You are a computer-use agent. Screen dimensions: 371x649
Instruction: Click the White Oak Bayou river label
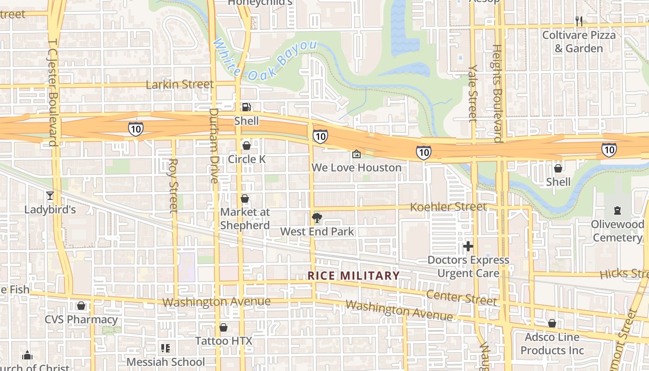(x=265, y=60)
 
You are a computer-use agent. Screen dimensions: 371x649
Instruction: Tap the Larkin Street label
(x=180, y=84)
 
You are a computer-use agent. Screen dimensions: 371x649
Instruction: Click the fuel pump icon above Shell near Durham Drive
(x=246, y=108)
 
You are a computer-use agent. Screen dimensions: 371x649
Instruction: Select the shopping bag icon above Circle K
(x=246, y=146)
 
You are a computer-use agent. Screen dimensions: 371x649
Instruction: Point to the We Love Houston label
(x=356, y=167)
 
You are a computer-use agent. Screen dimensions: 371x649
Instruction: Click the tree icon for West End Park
(x=317, y=217)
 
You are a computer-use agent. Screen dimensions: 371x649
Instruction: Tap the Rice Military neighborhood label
(x=354, y=275)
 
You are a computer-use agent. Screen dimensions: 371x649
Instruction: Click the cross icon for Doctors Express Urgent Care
(x=468, y=246)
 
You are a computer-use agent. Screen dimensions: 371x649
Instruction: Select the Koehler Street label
(x=448, y=207)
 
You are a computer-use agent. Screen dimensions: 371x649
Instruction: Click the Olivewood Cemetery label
(x=617, y=231)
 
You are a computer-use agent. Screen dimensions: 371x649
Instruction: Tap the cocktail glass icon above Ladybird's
(x=50, y=196)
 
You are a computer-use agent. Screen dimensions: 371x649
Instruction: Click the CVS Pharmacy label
(x=81, y=320)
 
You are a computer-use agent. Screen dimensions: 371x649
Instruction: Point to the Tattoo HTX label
(x=223, y=341)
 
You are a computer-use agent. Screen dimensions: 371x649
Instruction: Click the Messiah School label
(x=165, y=362)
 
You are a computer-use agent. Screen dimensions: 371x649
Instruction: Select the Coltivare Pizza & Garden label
(x=579, y=42)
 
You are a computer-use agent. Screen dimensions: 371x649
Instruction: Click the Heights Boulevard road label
(x=496, y=93)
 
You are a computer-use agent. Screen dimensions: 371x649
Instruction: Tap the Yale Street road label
(x=472, y=93)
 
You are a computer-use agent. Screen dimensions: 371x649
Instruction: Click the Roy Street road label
(x=173, y=185)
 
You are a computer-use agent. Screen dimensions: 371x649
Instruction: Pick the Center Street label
(x=461, y=297)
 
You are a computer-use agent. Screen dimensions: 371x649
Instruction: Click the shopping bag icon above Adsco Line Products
(x=552, y=323)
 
